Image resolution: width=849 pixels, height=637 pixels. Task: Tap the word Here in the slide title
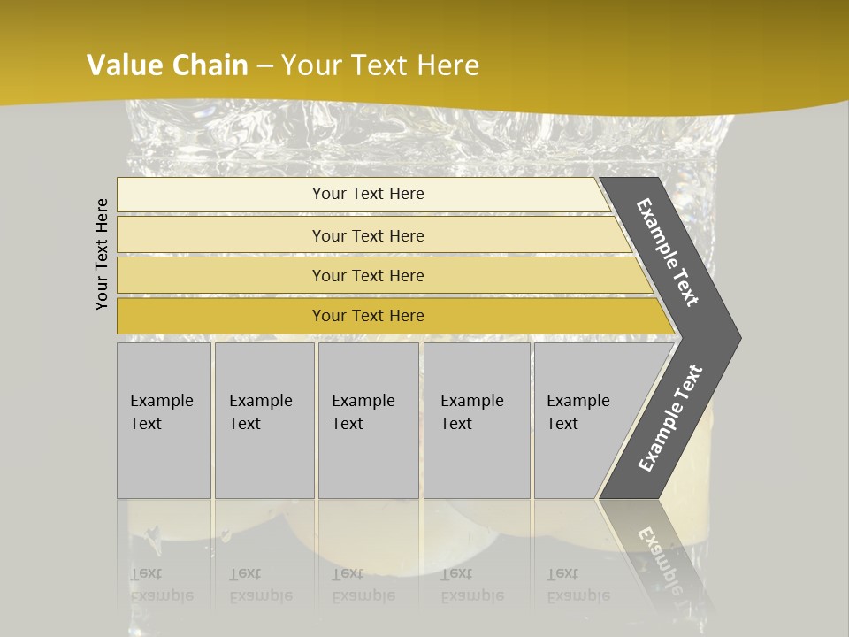pos(447,65)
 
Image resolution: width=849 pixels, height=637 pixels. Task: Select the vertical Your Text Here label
pos(102,255)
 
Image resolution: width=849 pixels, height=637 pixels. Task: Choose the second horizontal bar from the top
pos(367,235)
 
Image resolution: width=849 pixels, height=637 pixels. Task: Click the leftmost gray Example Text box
pos(164,420)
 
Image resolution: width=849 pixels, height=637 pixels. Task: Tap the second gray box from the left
pos(264,420)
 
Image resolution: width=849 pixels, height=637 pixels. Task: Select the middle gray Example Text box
pos(368,420)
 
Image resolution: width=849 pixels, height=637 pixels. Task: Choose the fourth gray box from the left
pos(477,420)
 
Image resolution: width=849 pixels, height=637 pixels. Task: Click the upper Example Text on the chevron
pos(668,252)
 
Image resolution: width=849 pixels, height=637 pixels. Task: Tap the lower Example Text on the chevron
pos(670,418)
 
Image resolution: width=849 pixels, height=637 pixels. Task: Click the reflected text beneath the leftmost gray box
pos(162,585)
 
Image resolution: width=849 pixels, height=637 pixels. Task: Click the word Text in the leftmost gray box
pos(146,424)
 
